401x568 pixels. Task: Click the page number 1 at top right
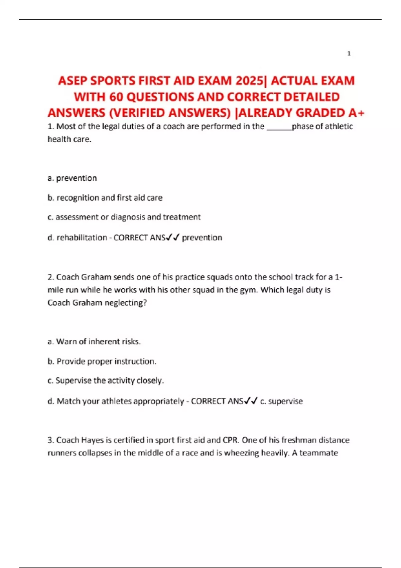click(x=349, y=53)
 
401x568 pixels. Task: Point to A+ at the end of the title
click(x=356, y=113)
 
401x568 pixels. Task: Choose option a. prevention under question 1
click(x=72, y=178)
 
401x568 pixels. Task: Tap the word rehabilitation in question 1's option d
click(x=82, y=238)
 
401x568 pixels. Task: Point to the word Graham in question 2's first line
click(x=96, y=277)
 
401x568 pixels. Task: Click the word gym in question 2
click(x=249, y=290)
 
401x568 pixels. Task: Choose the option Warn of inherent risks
click(x=94, y=341)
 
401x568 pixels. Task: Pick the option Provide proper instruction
click(x=102, y=361)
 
